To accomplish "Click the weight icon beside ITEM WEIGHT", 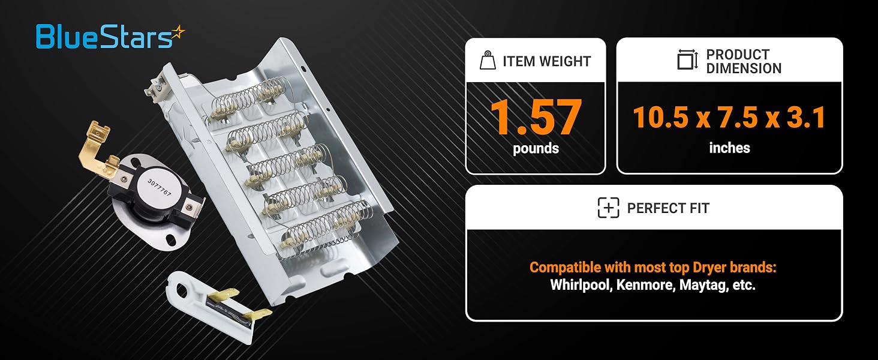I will tap(487, 61).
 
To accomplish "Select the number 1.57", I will tap(535, 117).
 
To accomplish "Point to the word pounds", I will tap(536, 149).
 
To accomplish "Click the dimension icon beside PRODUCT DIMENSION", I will tap(687, 61).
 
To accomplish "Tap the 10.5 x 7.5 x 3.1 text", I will tap(729, 118).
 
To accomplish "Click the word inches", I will tap(729, 148).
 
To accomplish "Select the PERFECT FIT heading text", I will tap(668, 208).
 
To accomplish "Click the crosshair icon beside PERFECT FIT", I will tap(608, 208).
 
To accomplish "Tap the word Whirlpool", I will tap(581, 285).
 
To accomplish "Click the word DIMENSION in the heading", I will tap(744, 68).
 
